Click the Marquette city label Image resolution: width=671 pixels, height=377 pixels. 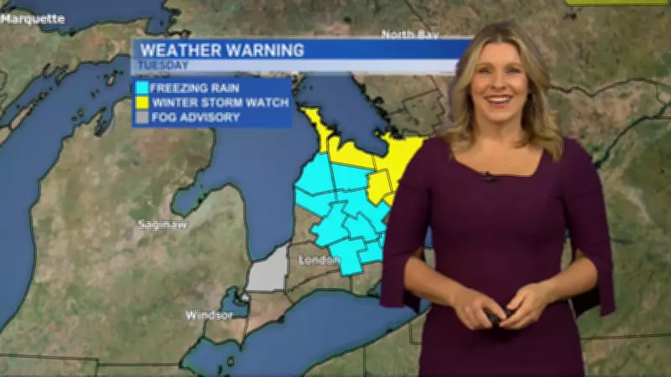pos(32,18)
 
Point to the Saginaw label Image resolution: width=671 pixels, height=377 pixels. pos(163,225)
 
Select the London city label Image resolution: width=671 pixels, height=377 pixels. pos(320,260)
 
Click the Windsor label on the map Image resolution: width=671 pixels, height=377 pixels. pos(209,315)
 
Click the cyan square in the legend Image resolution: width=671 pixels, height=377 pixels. pos(142,88)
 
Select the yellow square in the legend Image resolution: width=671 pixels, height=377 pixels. pos(142,103)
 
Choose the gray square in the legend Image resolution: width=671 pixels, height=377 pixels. pos(142,118)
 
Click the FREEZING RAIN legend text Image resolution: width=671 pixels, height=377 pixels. pos(195,88)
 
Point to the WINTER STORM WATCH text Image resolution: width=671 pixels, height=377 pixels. pos(220,103)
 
